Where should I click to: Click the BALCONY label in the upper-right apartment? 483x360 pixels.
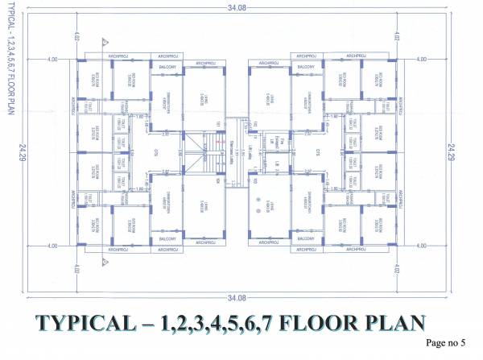(x=305, y=67)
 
